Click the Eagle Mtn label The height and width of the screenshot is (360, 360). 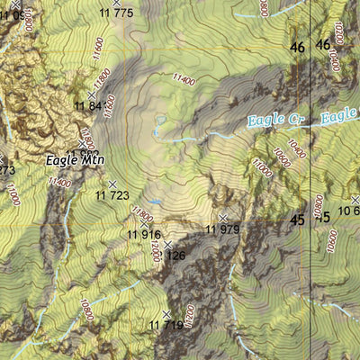(76, 160)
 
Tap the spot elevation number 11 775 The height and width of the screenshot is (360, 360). (116, 13)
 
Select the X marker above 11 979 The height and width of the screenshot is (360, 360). (223, 218)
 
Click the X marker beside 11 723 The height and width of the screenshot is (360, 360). (112, 184)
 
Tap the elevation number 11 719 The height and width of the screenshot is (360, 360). (166, 325)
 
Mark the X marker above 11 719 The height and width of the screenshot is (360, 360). (166, 313)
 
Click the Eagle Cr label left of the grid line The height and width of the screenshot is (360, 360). (272, 119)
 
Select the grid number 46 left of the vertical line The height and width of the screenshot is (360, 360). (297, 47)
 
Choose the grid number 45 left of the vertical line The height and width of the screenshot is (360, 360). (297, 219)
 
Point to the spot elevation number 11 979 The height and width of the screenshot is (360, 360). (223, 229)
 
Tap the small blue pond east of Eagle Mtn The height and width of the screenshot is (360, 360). (159, 120)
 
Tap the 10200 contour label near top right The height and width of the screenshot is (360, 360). (337, 34)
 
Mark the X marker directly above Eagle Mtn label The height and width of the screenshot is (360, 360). (83, 143)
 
